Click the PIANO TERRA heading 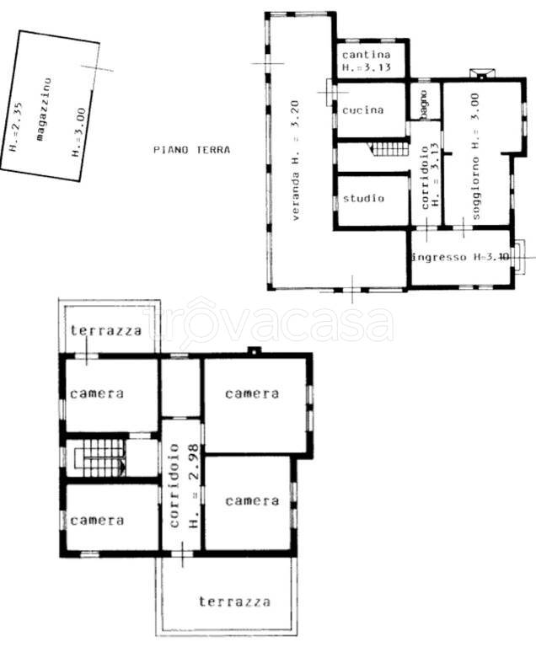191,149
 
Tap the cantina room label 367,55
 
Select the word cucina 363,110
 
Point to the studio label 363,199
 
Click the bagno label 424,105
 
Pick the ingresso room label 440,257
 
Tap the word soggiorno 475,188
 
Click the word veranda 295,196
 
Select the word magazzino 44,110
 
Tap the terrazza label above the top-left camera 105,330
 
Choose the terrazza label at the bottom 234,602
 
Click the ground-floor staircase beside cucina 389,147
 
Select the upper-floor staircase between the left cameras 99,457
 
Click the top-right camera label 252,393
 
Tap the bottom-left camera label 97,521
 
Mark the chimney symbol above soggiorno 482,73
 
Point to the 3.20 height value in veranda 295,114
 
